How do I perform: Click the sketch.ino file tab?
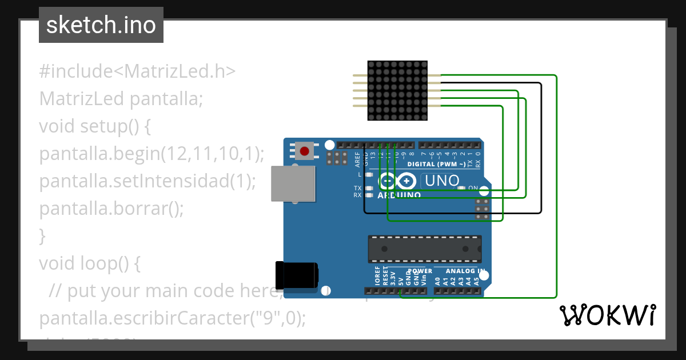point(101,25)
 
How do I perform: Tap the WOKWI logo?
point(607,315)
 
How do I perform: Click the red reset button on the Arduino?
point(304,151)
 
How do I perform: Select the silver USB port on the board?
point(293,183)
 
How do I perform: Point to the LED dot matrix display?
point(397,91)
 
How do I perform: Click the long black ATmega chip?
point(424,249)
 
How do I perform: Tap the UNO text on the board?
point(440,181)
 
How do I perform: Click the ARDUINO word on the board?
point(399,195)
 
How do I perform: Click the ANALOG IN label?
point(466,271)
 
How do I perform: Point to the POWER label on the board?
point(420,271)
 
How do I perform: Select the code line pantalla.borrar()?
point(111,208)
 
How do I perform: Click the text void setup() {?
point(95,126)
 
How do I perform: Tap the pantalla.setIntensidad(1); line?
point(147,181)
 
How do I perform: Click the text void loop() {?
point(90,263)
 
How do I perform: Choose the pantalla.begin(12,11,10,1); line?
point(152,153)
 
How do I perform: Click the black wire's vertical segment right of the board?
point(541,149)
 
